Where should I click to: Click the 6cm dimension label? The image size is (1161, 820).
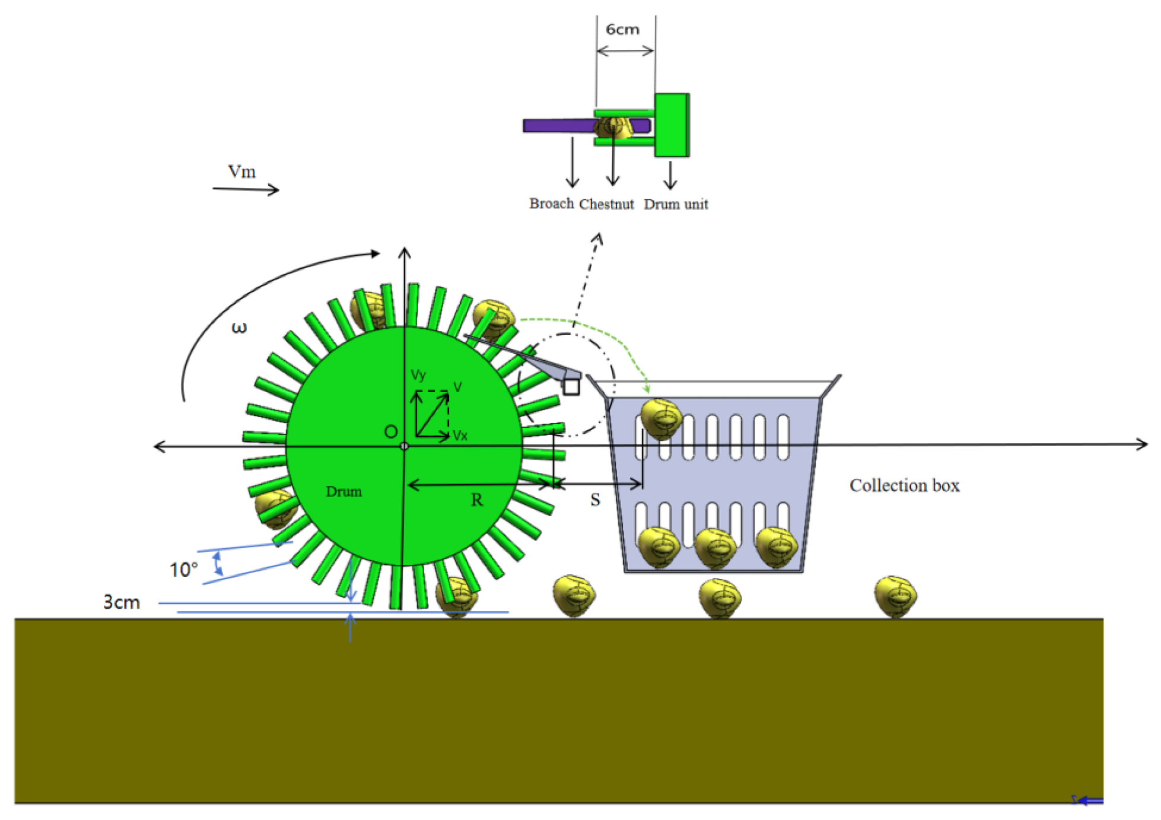(x=622, y=29)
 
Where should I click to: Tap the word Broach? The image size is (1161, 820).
(x=551, y=204)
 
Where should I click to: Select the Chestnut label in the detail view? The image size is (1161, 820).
(x=606, y=204)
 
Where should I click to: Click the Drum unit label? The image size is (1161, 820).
(x=676, y=204)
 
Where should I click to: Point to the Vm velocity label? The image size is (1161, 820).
(x=242, y=171)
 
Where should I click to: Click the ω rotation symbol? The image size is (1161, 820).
(x=238, y=327)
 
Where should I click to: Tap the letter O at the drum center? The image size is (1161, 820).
(x=390, y=431)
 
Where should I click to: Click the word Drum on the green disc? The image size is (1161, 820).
(x=343, y=491)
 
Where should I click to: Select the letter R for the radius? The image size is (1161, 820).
(x=477, y=500)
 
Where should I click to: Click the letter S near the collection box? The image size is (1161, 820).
(x=595, y=500)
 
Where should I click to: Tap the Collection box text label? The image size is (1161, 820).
(x=904, y=485)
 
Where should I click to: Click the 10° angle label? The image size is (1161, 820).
(x=183, y=570)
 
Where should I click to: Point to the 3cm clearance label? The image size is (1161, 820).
(x=122, y=602)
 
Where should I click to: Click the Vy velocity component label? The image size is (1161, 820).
(x=418, y=374)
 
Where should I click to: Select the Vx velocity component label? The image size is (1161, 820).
(x=460, y=436)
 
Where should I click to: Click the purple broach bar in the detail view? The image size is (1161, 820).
(x=558, y=126)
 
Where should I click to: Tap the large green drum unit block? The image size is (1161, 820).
(x=672, y=125)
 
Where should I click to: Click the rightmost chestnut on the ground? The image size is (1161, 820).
(x=895, y=596)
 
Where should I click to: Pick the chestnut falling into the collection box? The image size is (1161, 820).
(x=660, y=418)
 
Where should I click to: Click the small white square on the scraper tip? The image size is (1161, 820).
(x=571, y=386)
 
